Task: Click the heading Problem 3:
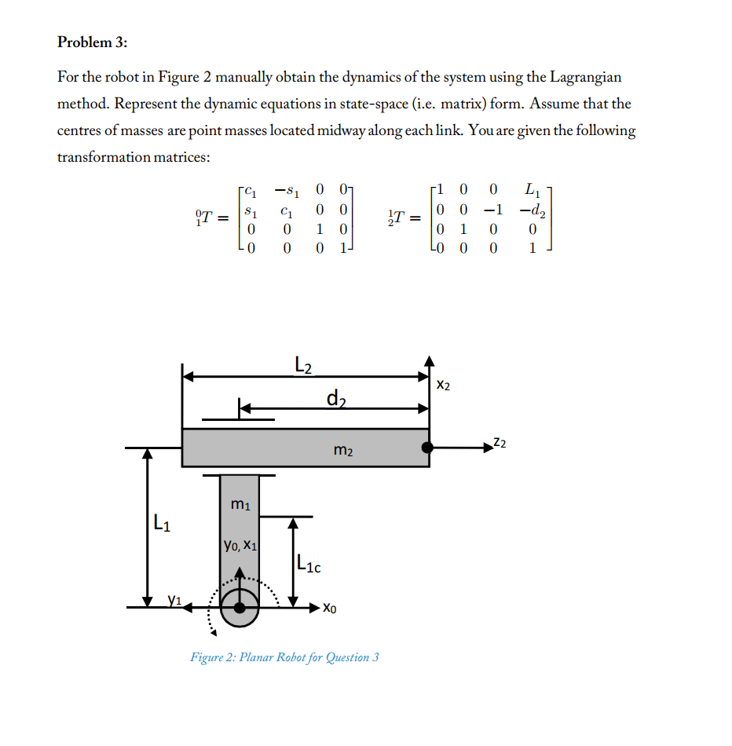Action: click(92, 42)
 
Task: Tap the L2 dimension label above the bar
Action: click(303, 364)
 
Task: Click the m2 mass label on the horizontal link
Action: click(343, 451)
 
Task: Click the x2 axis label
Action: click(444, 386)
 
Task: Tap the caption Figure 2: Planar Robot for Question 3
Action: click(284, 656)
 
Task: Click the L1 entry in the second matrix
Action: click(531, 189)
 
